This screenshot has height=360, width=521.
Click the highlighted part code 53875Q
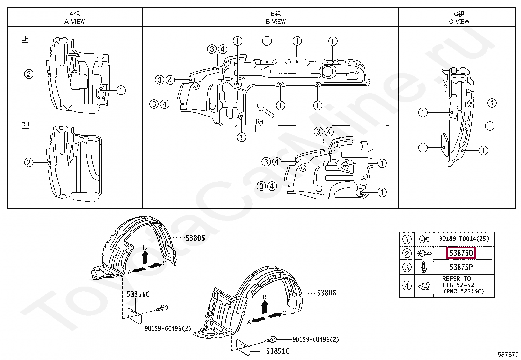[x=461, y=253]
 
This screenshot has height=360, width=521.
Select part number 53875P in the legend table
[x=461, y=267]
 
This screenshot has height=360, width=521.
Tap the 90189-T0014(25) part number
[x=464, y=239]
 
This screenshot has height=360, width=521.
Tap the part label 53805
[x=195, y=238]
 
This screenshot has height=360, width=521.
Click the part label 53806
[x=326, y=293]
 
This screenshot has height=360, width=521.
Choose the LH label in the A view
[x=25, y=39]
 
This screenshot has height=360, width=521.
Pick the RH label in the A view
[x=25, y=124]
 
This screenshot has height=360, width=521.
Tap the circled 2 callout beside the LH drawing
[x=29, y=74]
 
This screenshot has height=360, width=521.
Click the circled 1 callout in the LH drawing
[x=121, y=90]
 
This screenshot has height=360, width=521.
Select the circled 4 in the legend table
[x=407, y=286]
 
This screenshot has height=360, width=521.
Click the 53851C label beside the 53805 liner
[x=138, y=294]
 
